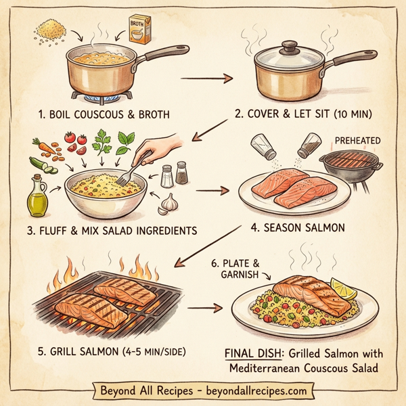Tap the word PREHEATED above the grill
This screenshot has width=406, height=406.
357,140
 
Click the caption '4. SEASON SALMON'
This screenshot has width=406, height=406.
298,228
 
